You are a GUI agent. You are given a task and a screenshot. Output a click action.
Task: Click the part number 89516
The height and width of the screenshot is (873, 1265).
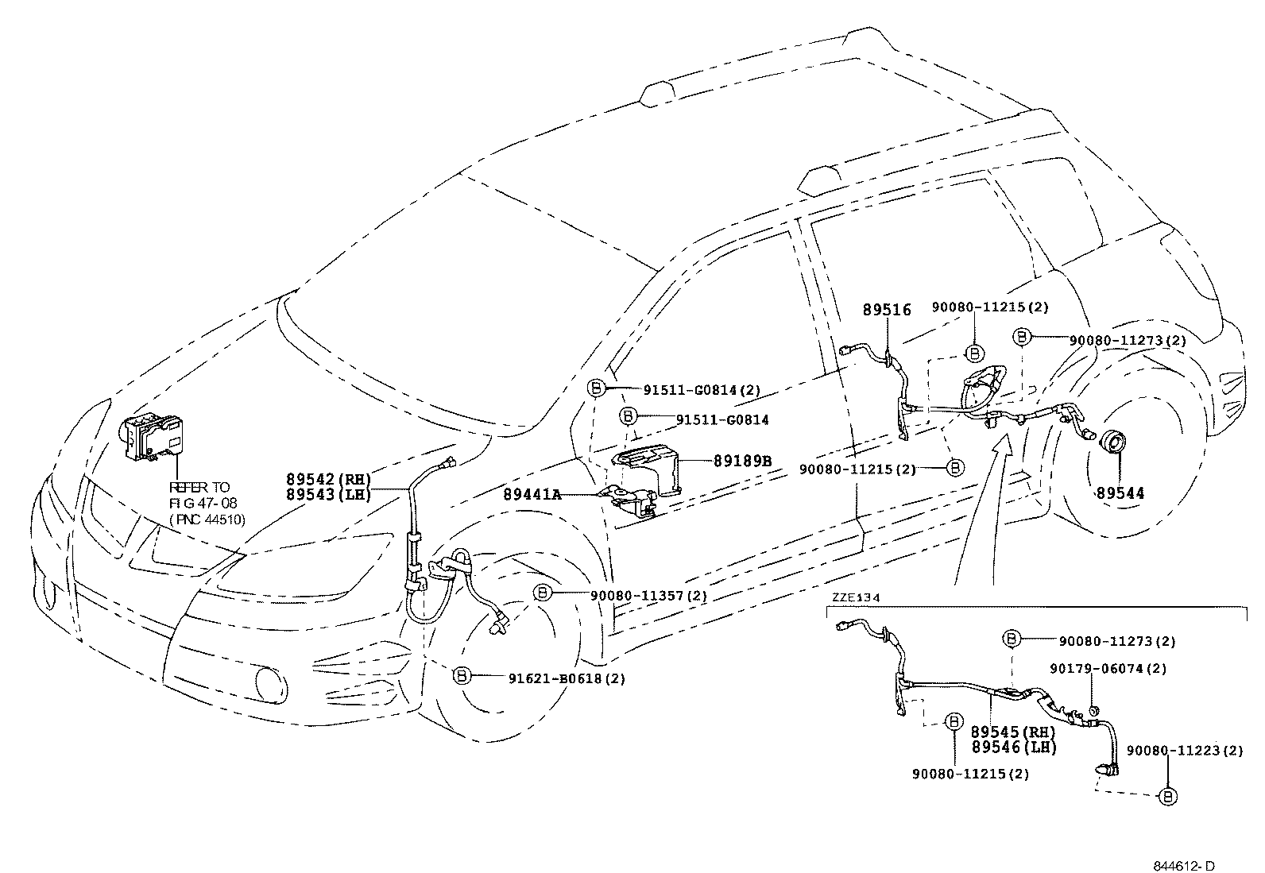[887, 311]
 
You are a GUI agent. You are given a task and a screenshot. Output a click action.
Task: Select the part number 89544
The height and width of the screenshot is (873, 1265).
[1120, 493]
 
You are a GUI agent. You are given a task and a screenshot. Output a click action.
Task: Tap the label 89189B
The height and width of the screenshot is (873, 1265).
[742, 460]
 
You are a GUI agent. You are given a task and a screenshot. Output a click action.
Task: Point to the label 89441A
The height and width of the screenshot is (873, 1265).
[532, 494]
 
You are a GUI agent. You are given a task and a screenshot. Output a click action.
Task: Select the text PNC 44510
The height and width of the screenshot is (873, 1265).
[207, 520]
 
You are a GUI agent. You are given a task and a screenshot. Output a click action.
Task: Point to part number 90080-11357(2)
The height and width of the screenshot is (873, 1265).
[625, 594]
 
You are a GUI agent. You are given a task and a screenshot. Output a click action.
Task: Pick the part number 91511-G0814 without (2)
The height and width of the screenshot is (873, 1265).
[722, 419]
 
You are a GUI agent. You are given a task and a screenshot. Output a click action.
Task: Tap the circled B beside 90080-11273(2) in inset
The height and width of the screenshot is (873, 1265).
[1010, 639]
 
